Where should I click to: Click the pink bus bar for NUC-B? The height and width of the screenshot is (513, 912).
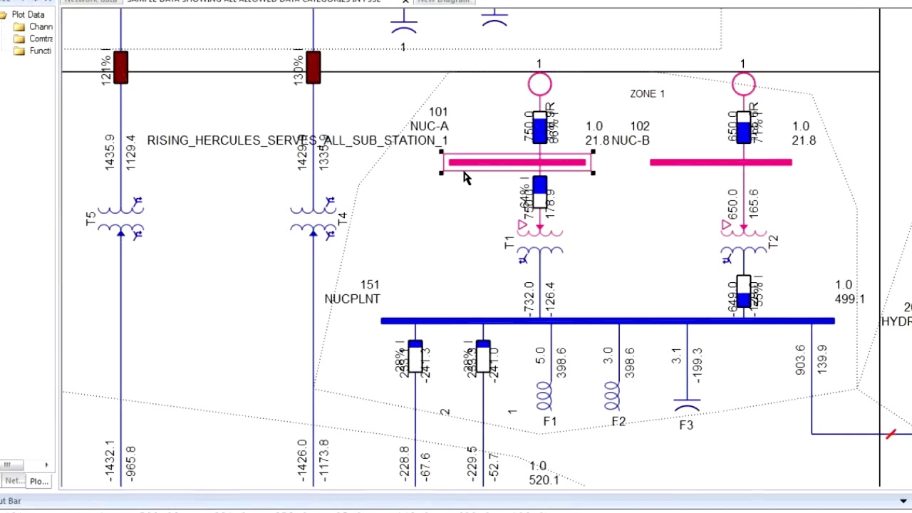click(x=720, y=162)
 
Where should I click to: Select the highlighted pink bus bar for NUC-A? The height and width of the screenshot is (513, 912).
click(x=517, y=162)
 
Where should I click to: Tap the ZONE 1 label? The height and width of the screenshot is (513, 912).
click(x=647, y=93)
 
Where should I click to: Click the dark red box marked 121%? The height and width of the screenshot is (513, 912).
click(x=120, y=68)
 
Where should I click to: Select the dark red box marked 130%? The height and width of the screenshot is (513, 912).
click(x=313, y=68)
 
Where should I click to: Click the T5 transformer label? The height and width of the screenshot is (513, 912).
click(x=90, y=219)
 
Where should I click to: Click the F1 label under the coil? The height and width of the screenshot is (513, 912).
click(x=549, y=422)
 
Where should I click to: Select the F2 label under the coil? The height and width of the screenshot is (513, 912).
click(x=618, y=422)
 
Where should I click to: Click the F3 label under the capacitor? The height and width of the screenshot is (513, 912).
click(x=685, y=425)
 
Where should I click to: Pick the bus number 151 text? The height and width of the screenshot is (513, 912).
click(x=370, y=285)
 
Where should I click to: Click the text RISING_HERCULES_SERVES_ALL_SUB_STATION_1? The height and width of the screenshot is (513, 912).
click(x=297, y=140)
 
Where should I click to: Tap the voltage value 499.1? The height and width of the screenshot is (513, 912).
click(x=849, y=299)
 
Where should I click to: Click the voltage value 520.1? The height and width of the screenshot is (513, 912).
click(x=544, y=480)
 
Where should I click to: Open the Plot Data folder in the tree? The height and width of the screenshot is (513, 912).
click(x=27, y=14)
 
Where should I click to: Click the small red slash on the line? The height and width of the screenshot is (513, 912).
click(x=891, y=434)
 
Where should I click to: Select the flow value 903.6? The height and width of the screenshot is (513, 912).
click(x=800, y=360)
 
